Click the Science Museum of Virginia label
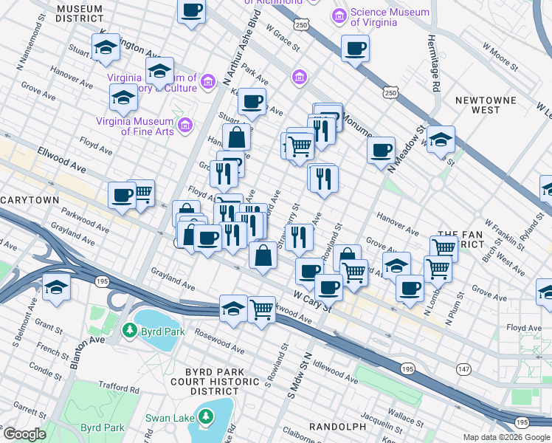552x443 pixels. point(390,17)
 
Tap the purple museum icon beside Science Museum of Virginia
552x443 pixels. point(339,16)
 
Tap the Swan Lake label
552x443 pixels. point(169,419)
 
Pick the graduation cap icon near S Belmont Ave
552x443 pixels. point(55,287)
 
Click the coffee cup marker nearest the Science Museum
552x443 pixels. point(355,49)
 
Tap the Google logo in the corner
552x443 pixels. point(24,434)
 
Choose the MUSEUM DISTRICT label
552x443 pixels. point(79,12)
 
